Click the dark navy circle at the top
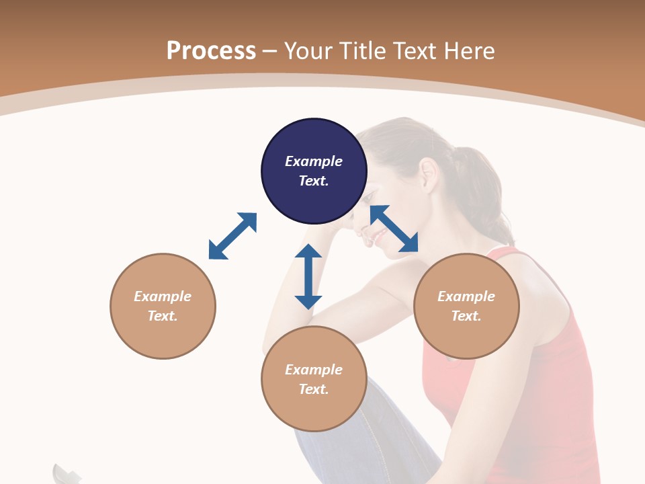pos(314,171)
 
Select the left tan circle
pos(163,306)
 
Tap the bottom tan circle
pos(314,379)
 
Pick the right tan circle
pos(466,306)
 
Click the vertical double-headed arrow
pos(308,276)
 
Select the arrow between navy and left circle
pos(232,236)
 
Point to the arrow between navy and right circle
pos(394,229)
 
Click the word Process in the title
pos(211,50)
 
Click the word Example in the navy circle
pos(314,161)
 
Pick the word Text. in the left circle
pos(163,316)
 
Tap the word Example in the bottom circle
pos(314,370)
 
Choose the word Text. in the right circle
pos(466,316)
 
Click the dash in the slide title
pos(270,51)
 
